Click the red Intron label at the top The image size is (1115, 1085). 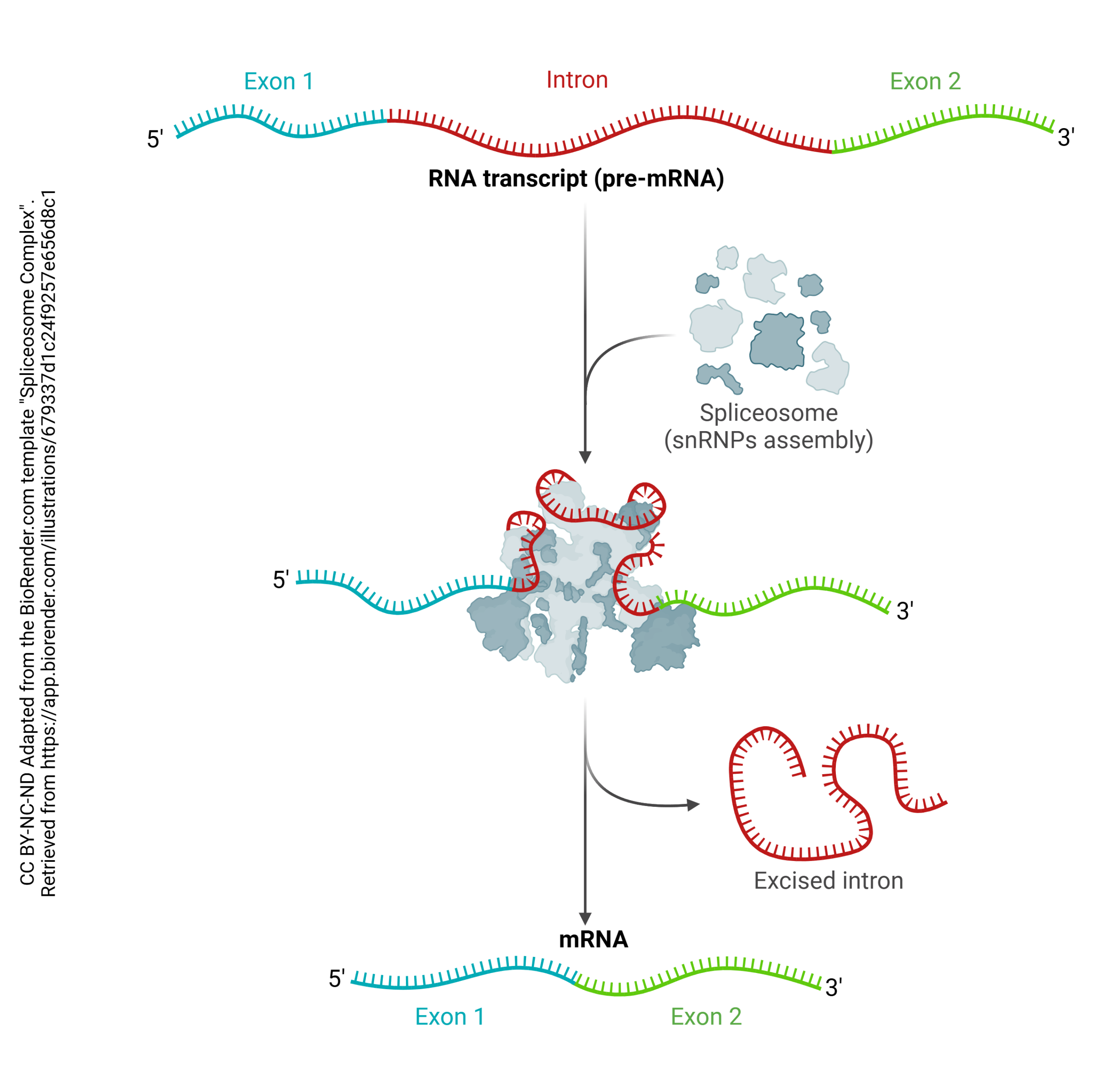(577, 80)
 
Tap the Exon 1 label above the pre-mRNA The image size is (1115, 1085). (278, 82)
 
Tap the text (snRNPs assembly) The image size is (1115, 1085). (768, 441)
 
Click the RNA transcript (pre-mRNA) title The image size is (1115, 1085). (576, 178)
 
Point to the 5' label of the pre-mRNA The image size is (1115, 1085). (155, 139)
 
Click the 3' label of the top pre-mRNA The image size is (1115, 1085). (1066, 137)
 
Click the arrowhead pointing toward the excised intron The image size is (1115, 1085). (693, 805)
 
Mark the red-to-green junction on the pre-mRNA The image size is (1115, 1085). (831, 152)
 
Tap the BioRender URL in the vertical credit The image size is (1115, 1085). (49, 541)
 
